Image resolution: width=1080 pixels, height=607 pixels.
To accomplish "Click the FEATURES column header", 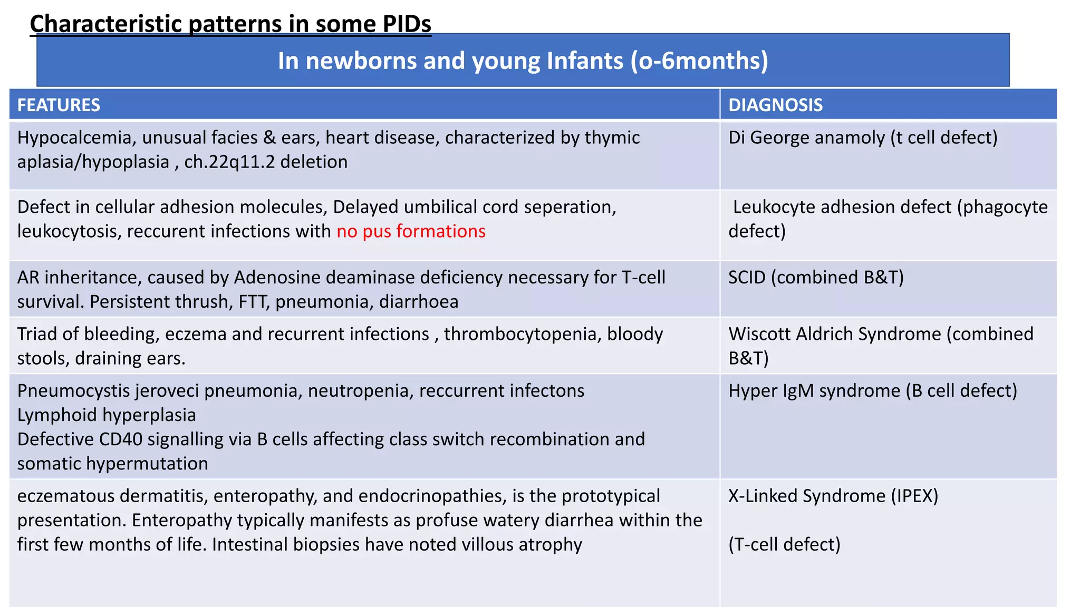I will click(x=59, y=105).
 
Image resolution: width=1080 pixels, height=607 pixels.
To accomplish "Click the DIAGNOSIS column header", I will click(x=775, y=105).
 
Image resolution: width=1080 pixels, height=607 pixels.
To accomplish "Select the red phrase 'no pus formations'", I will click(x=411, y=231).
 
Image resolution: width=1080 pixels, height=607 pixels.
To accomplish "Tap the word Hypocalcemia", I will click(x=74, y=138).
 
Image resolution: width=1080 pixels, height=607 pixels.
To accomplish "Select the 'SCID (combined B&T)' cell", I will click(x=816, y=277).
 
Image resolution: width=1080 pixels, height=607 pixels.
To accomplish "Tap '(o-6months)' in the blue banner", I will click(x=699, y=61).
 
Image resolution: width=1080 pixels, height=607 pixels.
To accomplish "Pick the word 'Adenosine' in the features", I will click(x=276, y=277).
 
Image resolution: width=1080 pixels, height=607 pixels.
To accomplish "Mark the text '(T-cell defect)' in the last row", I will click(x=784, y=544).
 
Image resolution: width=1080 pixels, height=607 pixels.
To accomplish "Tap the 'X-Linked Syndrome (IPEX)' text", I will click(x=833, y=496).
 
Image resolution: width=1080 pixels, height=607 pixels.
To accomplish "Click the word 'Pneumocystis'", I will click(x=73, y=391).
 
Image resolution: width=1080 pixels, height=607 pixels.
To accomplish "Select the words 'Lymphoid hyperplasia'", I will click(x=107, y=415).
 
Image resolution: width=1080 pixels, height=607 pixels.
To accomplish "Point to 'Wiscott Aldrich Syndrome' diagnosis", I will click(x=835, y=334).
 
